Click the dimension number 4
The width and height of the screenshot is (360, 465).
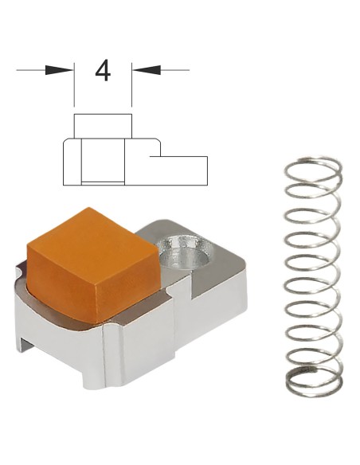[x=103, y=71]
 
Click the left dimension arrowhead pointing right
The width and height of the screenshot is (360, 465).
[x=59, y=70]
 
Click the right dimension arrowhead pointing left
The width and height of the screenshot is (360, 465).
[x=147, y=70]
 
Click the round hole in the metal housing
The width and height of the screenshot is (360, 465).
[x=185, y=252]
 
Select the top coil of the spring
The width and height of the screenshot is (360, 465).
[x=313, y=170]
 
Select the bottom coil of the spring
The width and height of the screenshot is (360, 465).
[x=315, y=382]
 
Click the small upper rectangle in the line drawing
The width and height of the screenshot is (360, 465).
[x=103, y=126]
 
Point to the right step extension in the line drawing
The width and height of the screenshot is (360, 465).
[x=178, y=170]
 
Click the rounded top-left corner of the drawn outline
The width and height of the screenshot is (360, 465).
[x=66, y=141]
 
